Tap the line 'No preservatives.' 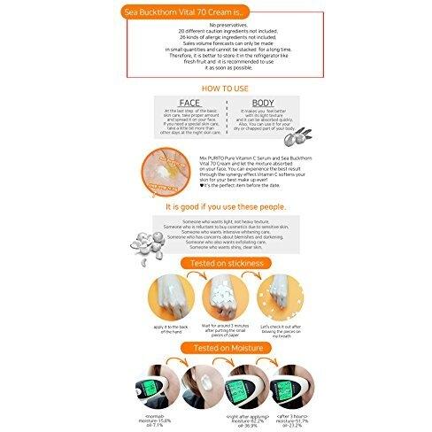[216, 27]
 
